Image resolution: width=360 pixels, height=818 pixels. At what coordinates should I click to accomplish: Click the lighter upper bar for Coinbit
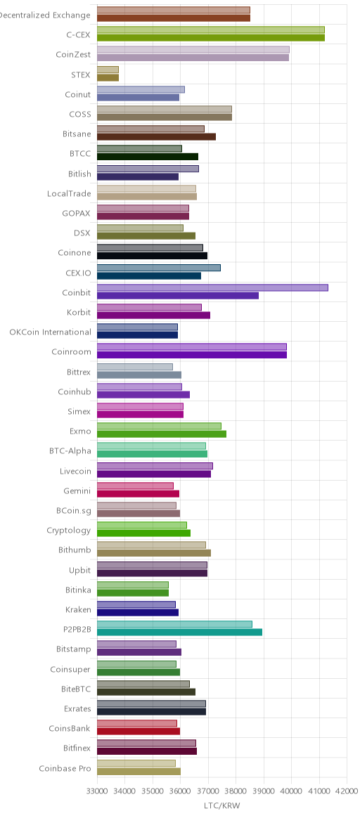coord(212,287)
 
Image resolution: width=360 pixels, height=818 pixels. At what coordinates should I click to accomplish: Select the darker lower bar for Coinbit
coord(178,296)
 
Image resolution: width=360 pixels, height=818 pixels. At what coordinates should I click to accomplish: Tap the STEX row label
coord(80,74)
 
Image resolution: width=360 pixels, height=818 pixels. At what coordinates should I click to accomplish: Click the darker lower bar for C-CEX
coord(211,37)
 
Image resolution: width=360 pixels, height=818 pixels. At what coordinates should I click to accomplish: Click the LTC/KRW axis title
coord(221,806)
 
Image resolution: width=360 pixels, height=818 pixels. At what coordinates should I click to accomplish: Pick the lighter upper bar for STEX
coord(108,70)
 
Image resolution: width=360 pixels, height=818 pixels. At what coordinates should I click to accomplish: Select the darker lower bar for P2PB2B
coord(179,632)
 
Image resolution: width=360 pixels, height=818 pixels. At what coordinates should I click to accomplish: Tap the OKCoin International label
coord(50,332)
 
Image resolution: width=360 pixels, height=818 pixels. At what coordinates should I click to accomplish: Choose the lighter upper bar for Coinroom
coord(192,347)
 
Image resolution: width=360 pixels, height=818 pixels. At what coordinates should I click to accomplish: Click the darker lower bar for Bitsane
coord(157,136)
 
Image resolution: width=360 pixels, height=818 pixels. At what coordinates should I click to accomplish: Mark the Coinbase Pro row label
coord(65,768)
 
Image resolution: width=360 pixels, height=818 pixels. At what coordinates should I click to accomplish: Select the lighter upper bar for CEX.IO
coord(159,268)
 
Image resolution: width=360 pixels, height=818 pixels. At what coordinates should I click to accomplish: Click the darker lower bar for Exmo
coord(162,434)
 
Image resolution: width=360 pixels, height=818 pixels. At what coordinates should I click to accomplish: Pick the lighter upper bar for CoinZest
coord(193,50)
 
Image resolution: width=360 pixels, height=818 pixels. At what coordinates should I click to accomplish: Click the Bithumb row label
coord(75,550)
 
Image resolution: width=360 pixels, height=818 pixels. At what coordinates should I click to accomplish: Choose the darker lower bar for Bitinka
coord(133,592)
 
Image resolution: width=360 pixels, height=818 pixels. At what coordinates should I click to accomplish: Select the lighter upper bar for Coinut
coord(141,89)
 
